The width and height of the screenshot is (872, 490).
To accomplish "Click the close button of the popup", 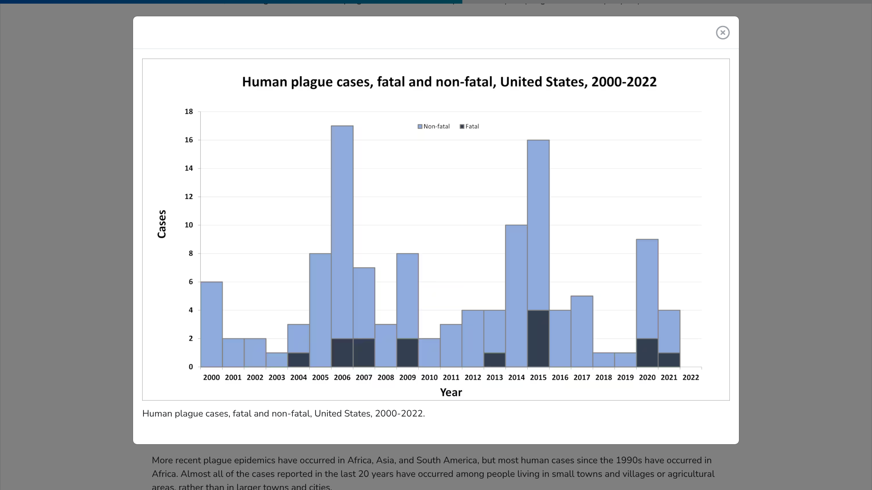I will coord(723,33).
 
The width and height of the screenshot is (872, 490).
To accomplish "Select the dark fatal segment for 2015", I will coord(538,338).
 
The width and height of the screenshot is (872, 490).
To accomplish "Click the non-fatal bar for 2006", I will coord(342,231).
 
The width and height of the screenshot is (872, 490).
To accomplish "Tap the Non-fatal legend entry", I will coord(434,127).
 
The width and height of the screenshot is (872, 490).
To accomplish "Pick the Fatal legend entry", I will coord(470,127).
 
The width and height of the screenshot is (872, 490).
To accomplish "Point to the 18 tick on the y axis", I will coord(188,112).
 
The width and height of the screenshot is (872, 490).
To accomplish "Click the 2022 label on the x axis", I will coord(690,377).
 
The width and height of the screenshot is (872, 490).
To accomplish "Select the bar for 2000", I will coord(211,324).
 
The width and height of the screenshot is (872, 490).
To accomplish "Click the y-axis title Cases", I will coord(162,224).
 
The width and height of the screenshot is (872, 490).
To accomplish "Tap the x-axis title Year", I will coord(451,392).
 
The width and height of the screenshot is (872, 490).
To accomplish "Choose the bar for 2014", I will coord(516,296).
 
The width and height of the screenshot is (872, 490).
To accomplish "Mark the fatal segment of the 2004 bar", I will coord(298,360).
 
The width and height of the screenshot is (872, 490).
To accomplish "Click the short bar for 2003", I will coord(277,360).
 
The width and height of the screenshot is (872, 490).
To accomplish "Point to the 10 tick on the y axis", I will coord(188,225).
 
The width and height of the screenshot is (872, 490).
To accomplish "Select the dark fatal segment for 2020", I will coord(647,353).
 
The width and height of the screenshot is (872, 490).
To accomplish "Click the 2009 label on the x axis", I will coord(407,377).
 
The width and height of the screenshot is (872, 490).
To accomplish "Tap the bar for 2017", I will coord(582,331).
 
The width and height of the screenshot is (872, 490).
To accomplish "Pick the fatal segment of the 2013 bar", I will coord(495,360).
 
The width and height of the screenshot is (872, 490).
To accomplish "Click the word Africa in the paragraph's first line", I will coord(359,460).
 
